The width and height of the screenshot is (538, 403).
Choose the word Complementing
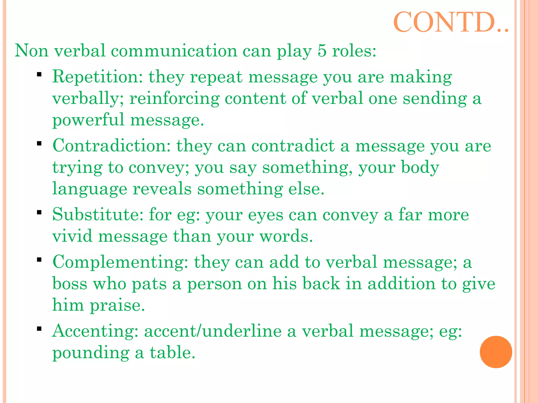point(120,262)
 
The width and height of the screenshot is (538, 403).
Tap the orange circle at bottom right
point(496,352)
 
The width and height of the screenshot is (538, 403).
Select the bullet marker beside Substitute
point(39,212)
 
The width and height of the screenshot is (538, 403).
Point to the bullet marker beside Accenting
point(39,328)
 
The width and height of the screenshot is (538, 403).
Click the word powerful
point(88,120)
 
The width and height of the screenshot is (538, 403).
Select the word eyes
point(266,216)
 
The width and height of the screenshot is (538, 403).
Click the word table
point(172,352)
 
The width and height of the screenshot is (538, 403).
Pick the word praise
point(117,306)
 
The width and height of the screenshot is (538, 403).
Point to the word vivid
point(73,236)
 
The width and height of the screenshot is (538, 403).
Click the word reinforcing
point(174,99)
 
